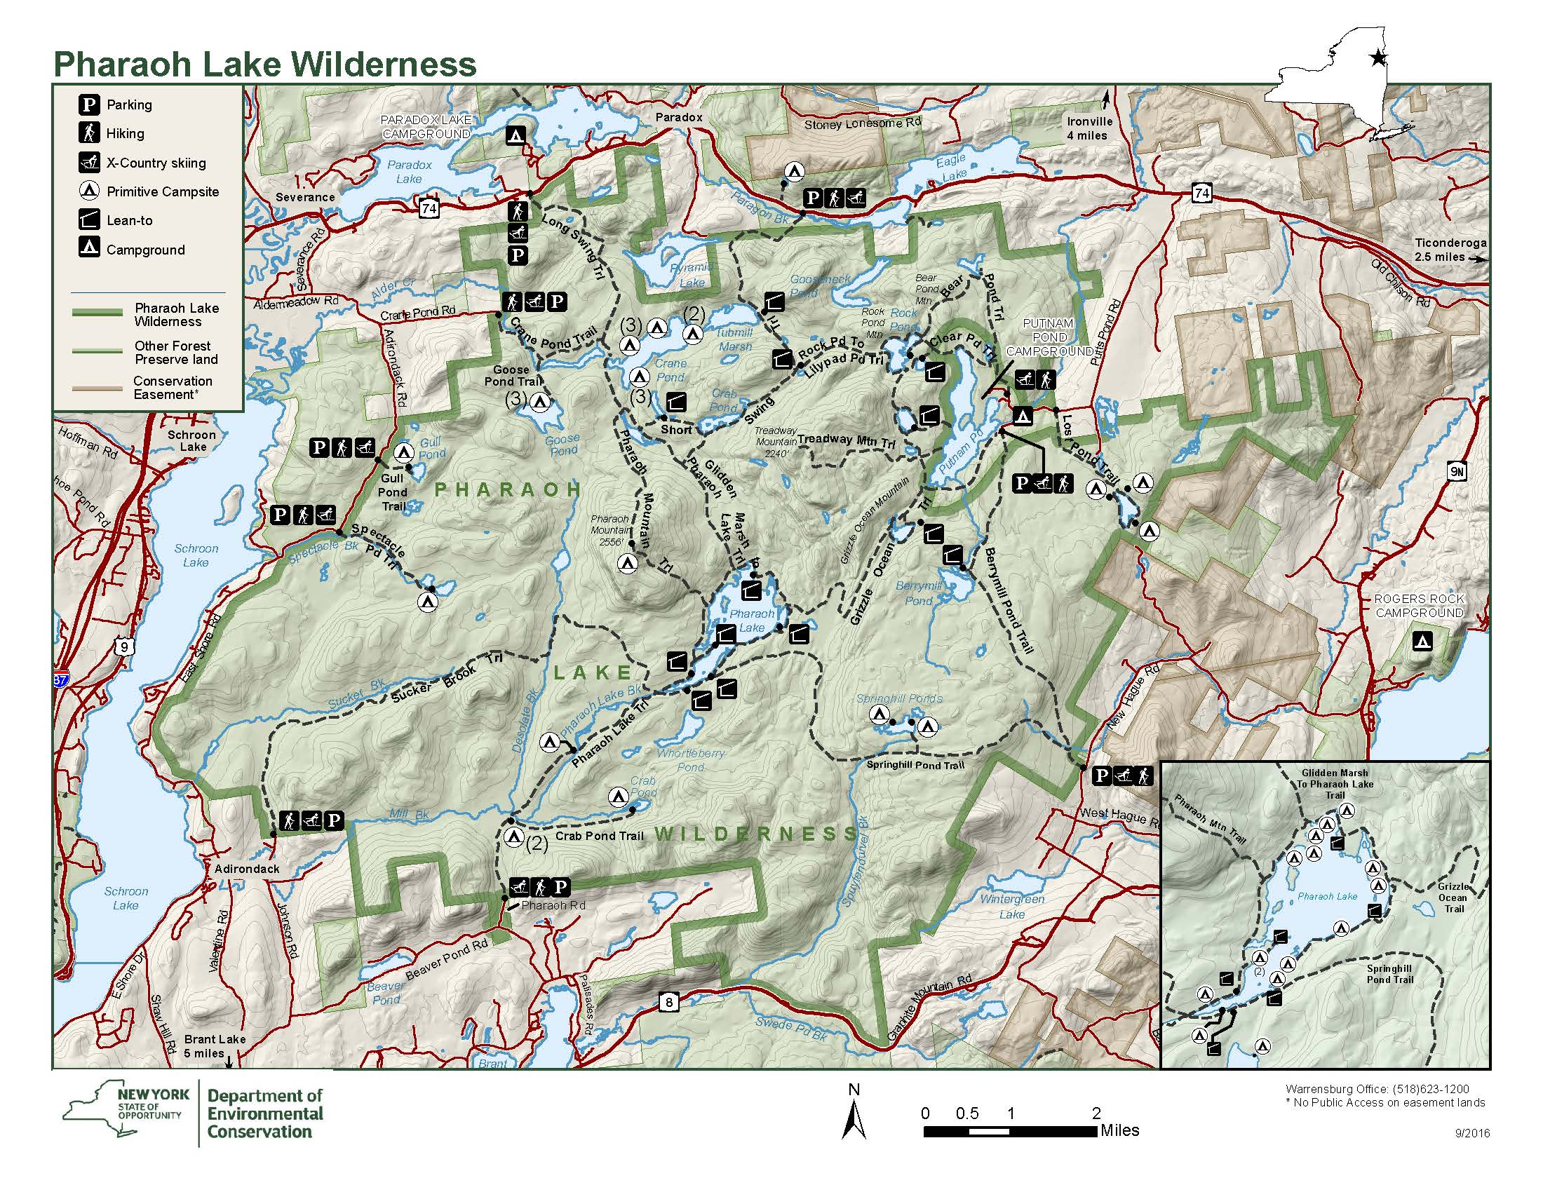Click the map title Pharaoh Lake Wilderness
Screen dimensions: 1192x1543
tap(265, 65)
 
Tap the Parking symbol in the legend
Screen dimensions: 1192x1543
tap(88, 105)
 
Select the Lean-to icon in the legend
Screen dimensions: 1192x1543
tap(88, 220)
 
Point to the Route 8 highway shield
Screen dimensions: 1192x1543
tap(669, 1001)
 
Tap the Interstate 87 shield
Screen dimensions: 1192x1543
tap(61, 680)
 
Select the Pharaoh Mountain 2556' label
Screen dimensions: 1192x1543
tap(609, 530)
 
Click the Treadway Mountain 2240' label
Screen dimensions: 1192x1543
tap(776, 441)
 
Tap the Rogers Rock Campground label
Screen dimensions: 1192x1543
tap(1418, 606)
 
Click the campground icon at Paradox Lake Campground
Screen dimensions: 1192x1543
tap(517, 135)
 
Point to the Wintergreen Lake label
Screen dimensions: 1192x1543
tap(1011, 907)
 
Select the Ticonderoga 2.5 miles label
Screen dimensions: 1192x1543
tap(1450, 250)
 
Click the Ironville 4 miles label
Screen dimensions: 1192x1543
tap(1089, 128)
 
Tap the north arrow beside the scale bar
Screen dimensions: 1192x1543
tap(854, 1114)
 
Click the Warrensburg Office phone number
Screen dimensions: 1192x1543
tap(1377, 1089)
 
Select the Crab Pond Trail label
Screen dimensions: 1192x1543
tap(599, 836)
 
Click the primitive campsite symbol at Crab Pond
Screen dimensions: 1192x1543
tap(619, 797)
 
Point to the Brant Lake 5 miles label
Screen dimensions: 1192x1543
tap(214, 1046)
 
